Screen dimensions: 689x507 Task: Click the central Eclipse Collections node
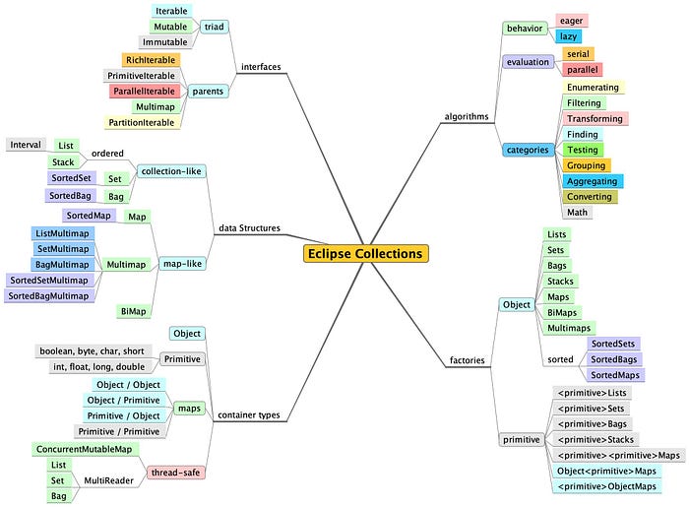tap(365, 254)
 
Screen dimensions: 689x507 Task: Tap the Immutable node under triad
tap(163, 42)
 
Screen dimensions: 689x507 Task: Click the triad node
tap(214, 27)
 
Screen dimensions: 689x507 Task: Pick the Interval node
tap(26, 145)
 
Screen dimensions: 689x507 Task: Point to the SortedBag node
tap(70, 196)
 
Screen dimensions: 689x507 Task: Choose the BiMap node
tap(133, 311)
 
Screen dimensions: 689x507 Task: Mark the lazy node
tap(569, 36)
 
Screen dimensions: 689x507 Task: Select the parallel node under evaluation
tap(580, 70)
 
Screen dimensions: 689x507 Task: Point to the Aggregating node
tap(593, 181)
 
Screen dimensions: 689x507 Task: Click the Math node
tap(576, 212)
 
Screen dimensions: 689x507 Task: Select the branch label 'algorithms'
tap(467, 116)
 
